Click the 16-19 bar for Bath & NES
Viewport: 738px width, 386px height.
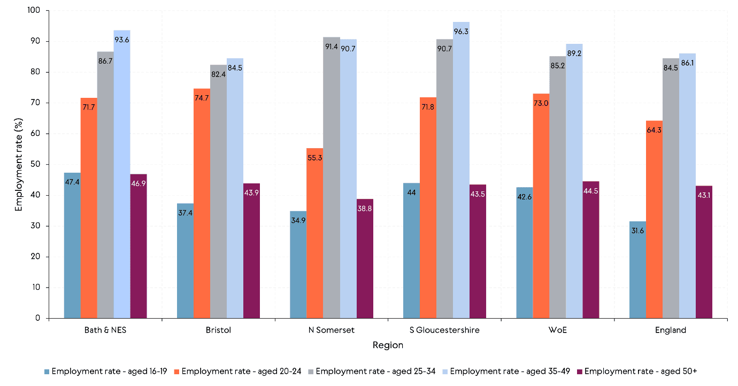coord(72,246)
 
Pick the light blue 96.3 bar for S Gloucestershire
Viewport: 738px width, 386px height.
coord(461,171)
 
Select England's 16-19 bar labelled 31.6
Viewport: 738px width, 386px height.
coord(637,270)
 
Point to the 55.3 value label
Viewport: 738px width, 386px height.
coord(314,158)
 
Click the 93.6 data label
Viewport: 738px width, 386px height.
coord(122,40)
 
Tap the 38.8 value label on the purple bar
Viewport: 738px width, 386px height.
coord(364,209)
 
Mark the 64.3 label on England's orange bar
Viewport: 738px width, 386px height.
coord(654,130)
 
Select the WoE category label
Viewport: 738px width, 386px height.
coord(557,330)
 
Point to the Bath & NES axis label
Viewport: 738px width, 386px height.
coord(105,330)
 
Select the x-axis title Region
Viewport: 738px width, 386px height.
coord(388,345)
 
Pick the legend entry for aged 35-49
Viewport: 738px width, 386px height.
coord(505,371)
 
